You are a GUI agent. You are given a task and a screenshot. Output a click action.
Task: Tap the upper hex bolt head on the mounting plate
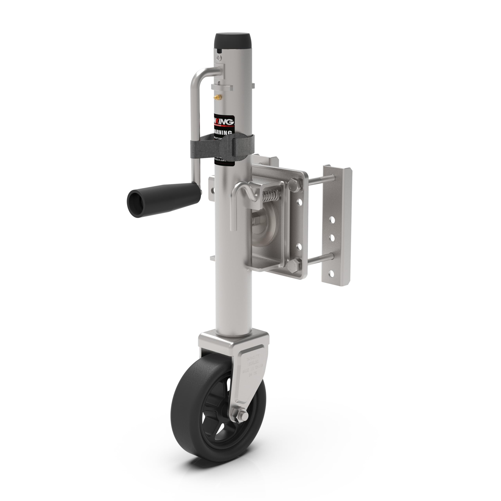[x=295, y=184]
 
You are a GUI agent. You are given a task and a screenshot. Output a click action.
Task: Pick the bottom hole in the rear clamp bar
[x=331, y=273]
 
